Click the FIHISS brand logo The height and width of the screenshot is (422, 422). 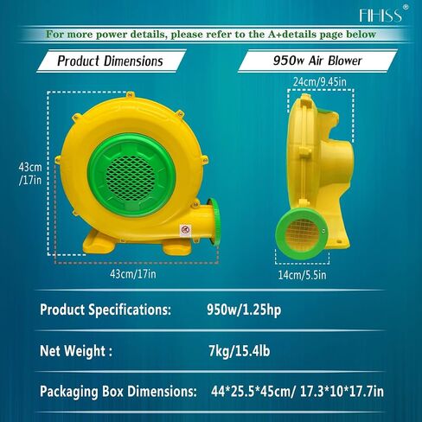coord(380,15)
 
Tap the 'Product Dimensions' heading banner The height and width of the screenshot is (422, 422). coord(111,61)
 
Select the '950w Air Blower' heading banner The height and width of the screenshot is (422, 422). coord(317,61)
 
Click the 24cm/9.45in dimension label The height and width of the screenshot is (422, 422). coord(320,82)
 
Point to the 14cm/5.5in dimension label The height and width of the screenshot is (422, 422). coord(302,275)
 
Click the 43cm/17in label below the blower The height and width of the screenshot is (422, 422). coord(133,274)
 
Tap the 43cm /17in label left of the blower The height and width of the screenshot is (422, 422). coord(30,174)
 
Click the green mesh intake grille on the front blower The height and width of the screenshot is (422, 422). coord(131,176)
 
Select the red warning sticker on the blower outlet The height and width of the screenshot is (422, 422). coord(185,231)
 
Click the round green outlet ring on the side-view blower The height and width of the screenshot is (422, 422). coord(302,233)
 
